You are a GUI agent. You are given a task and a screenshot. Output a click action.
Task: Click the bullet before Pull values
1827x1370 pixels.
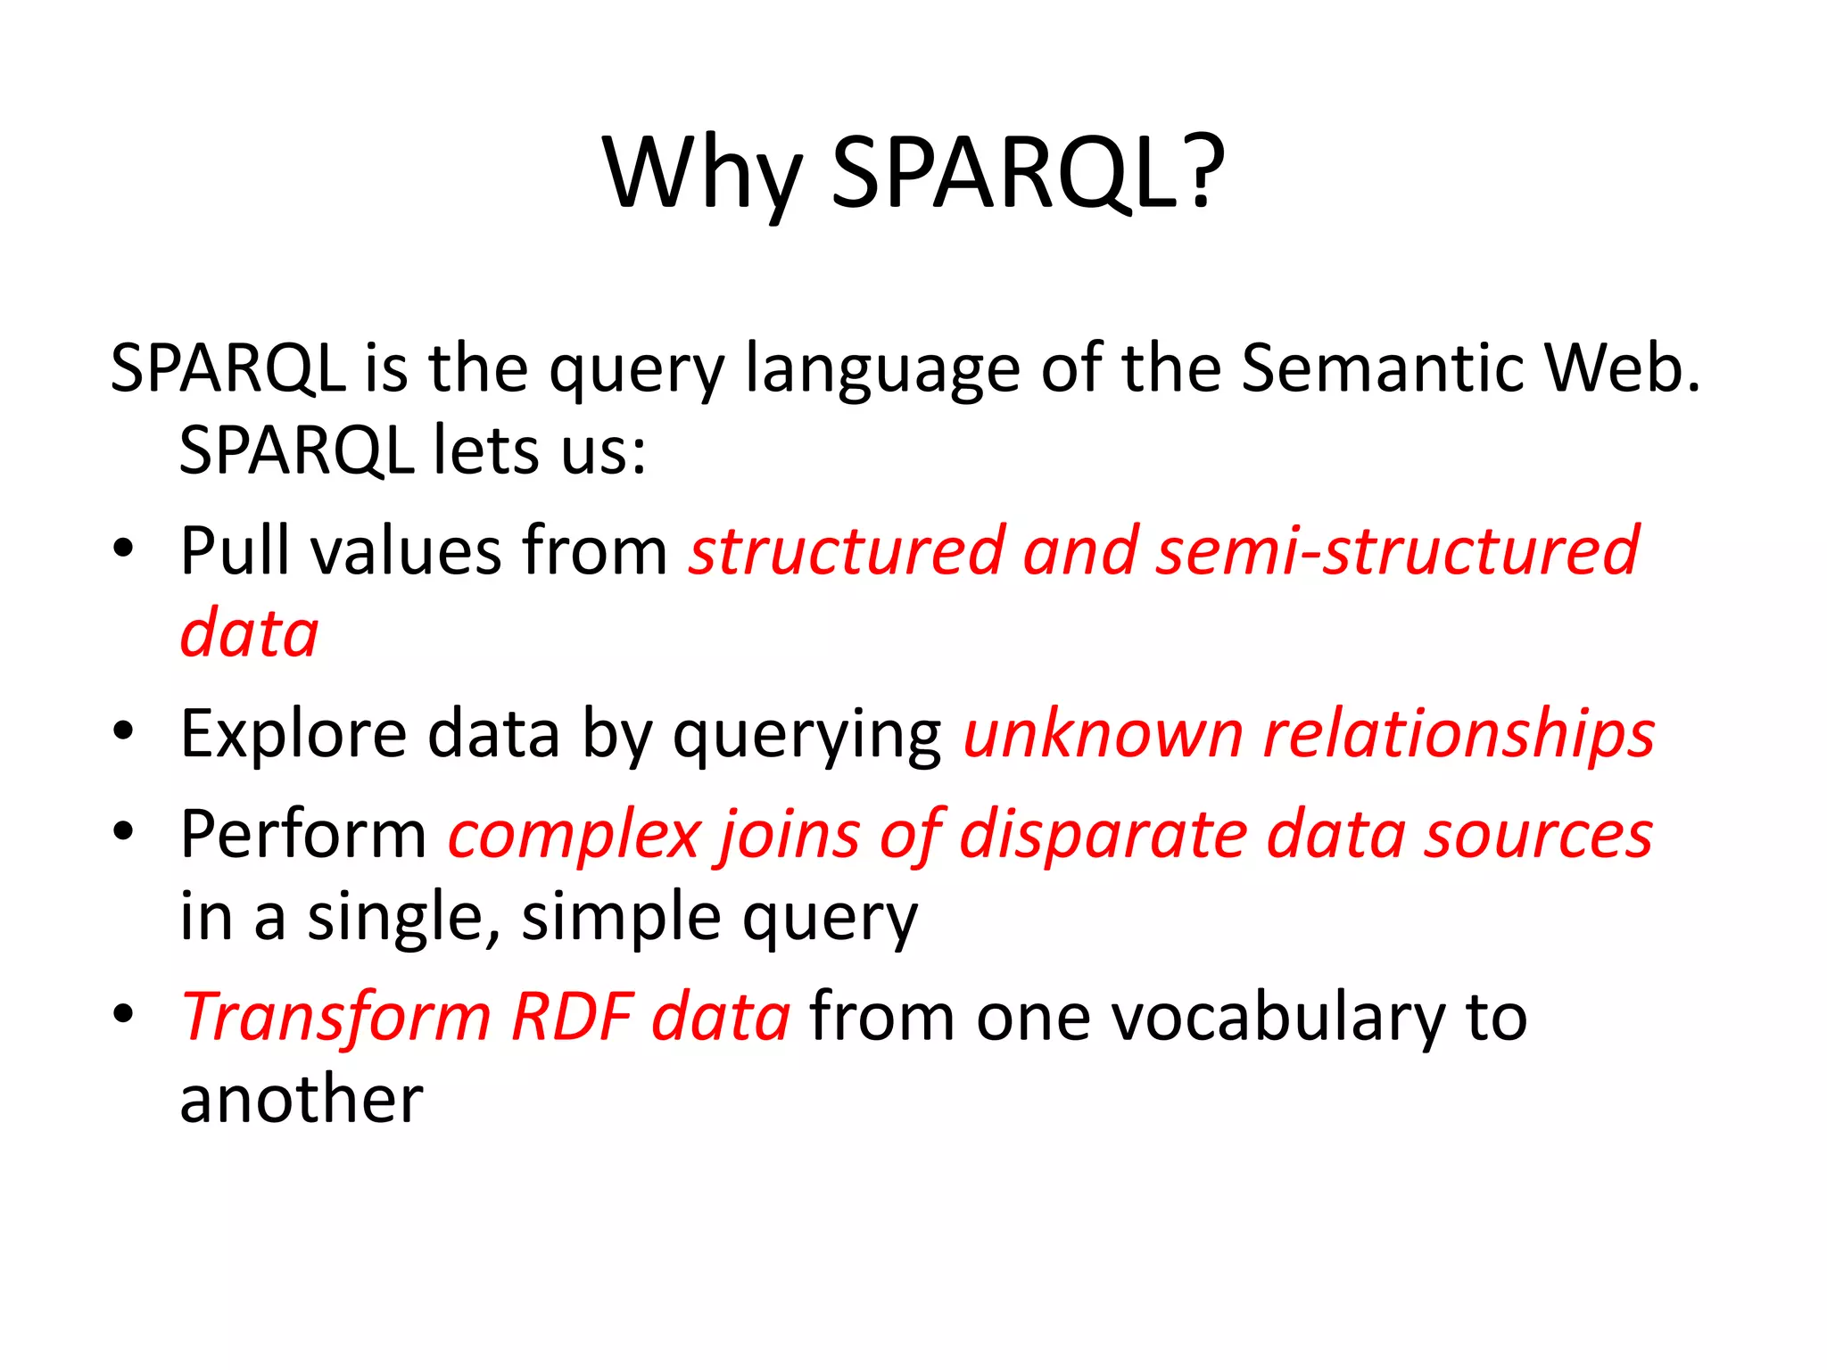[x=123, y=547]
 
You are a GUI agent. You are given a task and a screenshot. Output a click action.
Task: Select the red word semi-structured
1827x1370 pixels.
[x=1397, y=550]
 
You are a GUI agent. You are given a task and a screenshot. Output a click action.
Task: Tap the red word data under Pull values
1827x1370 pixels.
[x=249, y=632]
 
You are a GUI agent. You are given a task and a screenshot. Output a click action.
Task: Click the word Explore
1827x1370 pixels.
[x=293, y=734]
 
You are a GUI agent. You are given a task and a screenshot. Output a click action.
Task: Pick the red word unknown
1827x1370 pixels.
[x=1104, y=734]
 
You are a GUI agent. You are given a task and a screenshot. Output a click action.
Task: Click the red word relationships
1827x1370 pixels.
[x=1459, y=734]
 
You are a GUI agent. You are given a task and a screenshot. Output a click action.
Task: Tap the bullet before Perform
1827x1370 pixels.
[x=123, y=831]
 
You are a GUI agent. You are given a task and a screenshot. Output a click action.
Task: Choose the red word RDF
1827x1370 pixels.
[x=572, y=1018]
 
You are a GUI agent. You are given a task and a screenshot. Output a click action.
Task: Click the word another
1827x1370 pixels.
[x=302, y=1099]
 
